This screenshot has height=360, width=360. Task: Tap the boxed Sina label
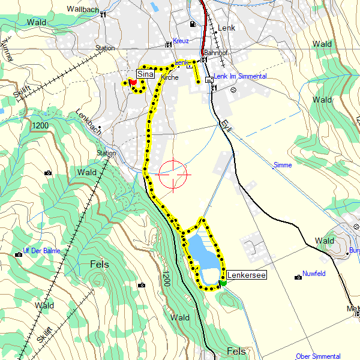click(x=145, y=74)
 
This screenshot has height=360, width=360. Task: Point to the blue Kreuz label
click(x=181, y=41)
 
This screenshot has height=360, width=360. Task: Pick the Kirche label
click(x=170, y=78)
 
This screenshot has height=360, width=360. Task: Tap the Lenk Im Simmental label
click(x=240, y=77)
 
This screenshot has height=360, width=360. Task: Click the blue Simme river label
click(x=282, y=165)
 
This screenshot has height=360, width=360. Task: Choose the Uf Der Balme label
click(x=41, y=251)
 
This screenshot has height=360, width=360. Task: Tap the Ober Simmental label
click(x=317, y=356)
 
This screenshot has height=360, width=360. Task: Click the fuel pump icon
click(x=192, y=24)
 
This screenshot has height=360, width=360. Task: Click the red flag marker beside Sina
click(x=133, y=82)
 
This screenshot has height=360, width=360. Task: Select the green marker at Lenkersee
click(x=223, y=283)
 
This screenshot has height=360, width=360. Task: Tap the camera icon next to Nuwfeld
click(x=298, y=277)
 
